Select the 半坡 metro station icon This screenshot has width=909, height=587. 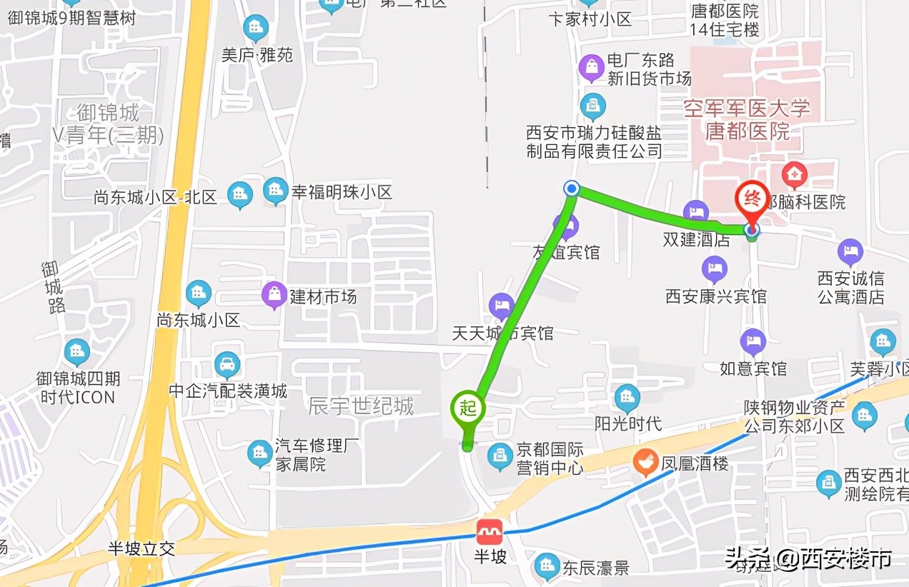(x=490, y=532)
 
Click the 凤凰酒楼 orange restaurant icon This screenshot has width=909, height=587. (x=645, y=462)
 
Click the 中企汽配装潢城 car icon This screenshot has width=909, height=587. (x=227, y=366)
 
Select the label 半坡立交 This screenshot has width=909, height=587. (x=141, y=548)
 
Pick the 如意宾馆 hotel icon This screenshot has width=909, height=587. (x=752, y=342)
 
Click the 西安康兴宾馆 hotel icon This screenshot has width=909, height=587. (x=714, y=269)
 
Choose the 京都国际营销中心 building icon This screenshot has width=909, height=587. (x=500, y=456)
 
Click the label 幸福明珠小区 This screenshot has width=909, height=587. (x=342, y=192)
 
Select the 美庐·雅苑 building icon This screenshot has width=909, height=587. (x=255, y=29)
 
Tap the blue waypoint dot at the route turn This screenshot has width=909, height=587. (x=572, y=188)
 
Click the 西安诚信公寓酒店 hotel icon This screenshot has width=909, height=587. (x=850, y=251)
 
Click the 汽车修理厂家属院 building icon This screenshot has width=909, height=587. (x=259, y=453)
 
